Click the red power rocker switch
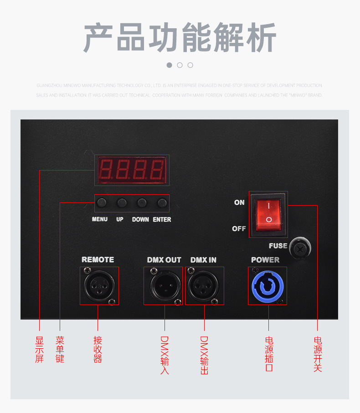(268, 214)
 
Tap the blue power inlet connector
(267, 286)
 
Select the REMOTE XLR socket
(99, 286)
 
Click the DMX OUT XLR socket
(163, 286)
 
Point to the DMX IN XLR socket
(204, 286)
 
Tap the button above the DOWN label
(142, 203)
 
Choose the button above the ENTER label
(162, 203)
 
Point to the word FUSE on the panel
(278, 246)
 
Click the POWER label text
(265, 260)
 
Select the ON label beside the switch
(239, 202)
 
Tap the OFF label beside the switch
(239, 228)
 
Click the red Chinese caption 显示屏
(40, 350)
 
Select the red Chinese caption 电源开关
(318, 354)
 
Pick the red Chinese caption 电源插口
(269, 354)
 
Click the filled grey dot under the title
(170, 65)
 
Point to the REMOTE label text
(98, 259)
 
